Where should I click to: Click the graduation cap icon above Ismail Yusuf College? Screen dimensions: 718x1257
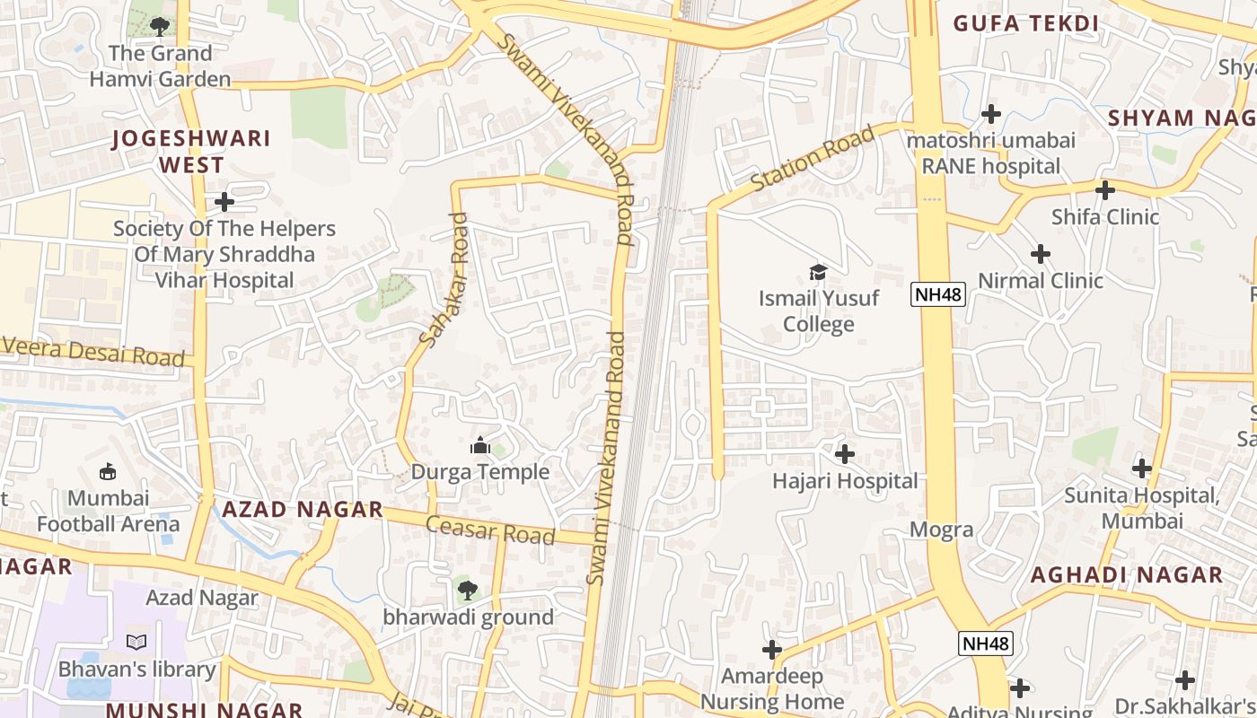[818, 272]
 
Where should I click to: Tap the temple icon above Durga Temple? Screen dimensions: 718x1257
[480, 445]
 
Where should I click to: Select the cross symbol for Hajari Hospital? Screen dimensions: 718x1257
[845, 454]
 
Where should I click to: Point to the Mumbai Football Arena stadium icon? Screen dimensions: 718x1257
[109, 471]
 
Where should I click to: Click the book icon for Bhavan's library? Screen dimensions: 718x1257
[136, 643]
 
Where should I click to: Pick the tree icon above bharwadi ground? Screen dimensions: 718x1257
[467, 590]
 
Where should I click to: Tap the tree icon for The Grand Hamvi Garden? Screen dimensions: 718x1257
[160, 27]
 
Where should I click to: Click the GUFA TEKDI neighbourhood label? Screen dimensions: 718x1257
[1026, 23]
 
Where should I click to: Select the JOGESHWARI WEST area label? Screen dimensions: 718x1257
[190, 152]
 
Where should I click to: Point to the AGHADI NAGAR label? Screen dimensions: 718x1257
[1126, 575]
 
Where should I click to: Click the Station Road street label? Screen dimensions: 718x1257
[813, 159]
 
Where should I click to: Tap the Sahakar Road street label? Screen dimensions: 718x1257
[444, 279]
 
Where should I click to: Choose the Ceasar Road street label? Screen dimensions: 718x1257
[490, 530]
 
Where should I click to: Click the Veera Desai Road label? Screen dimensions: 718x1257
[93, 352]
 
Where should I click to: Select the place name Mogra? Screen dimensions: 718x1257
[941, 530]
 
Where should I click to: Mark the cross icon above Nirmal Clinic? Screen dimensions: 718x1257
[1041, 254]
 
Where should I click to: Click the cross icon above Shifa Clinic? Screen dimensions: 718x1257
[1105, 190]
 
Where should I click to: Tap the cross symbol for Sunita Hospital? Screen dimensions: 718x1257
[1142, 468]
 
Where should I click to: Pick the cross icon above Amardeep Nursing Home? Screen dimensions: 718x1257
[772, 649]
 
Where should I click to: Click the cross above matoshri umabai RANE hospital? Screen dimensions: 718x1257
[991, 114]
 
